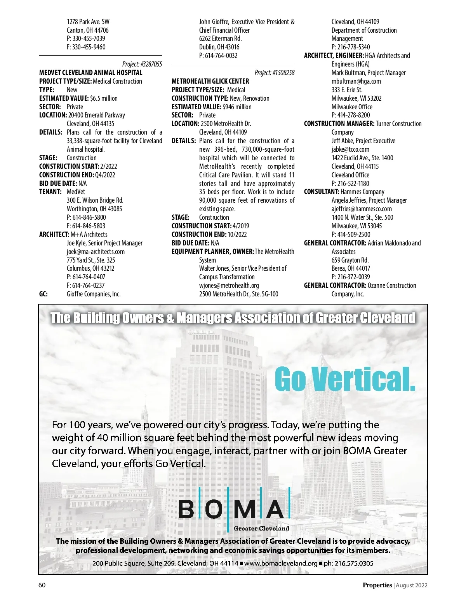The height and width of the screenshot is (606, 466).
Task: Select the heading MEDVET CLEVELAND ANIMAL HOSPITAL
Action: pyautogui.click(x=91, y=73)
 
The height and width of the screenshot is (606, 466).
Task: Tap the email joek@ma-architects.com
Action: pyautogui.click(x=96, y=252)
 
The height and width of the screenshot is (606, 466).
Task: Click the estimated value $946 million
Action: pyautogui.click(x=237, y=107)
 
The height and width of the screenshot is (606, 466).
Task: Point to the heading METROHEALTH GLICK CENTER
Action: pyautogui.click(x=210, y=81)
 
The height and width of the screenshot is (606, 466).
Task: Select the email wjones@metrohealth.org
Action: pyautogui.click(x=229, y=285)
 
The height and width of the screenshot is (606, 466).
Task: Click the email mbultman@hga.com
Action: pyautogui.click(x=356, y=81)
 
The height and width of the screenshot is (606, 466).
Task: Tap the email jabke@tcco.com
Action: pyautogui.click(x=350, y=149)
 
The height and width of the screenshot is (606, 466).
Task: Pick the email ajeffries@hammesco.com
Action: pyautogui.click(x=362, y=209)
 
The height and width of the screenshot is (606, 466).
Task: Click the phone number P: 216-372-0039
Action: pyautogui.click(x=351, y=277)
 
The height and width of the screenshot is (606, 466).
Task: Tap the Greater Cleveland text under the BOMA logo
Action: pyautogui.click(x=261, y=529)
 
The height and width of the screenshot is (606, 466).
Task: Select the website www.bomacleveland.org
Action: pyautogui.click(x=281, y=563)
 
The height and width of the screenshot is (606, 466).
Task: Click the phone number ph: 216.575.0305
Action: pyautogui.click(x=348, y=563)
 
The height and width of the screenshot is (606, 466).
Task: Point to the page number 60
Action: pyautogui.click(x=42, y=585)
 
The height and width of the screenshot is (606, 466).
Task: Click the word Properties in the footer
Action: pyautogui.click(x=377, y=585)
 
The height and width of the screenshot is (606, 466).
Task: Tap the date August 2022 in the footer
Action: pyautogui.click(x=412, y=585)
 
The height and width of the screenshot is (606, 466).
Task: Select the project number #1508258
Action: pyautogui.click(x=283, y=73)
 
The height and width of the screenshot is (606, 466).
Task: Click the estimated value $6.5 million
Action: pyautogui.click(x=104, y=98)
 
